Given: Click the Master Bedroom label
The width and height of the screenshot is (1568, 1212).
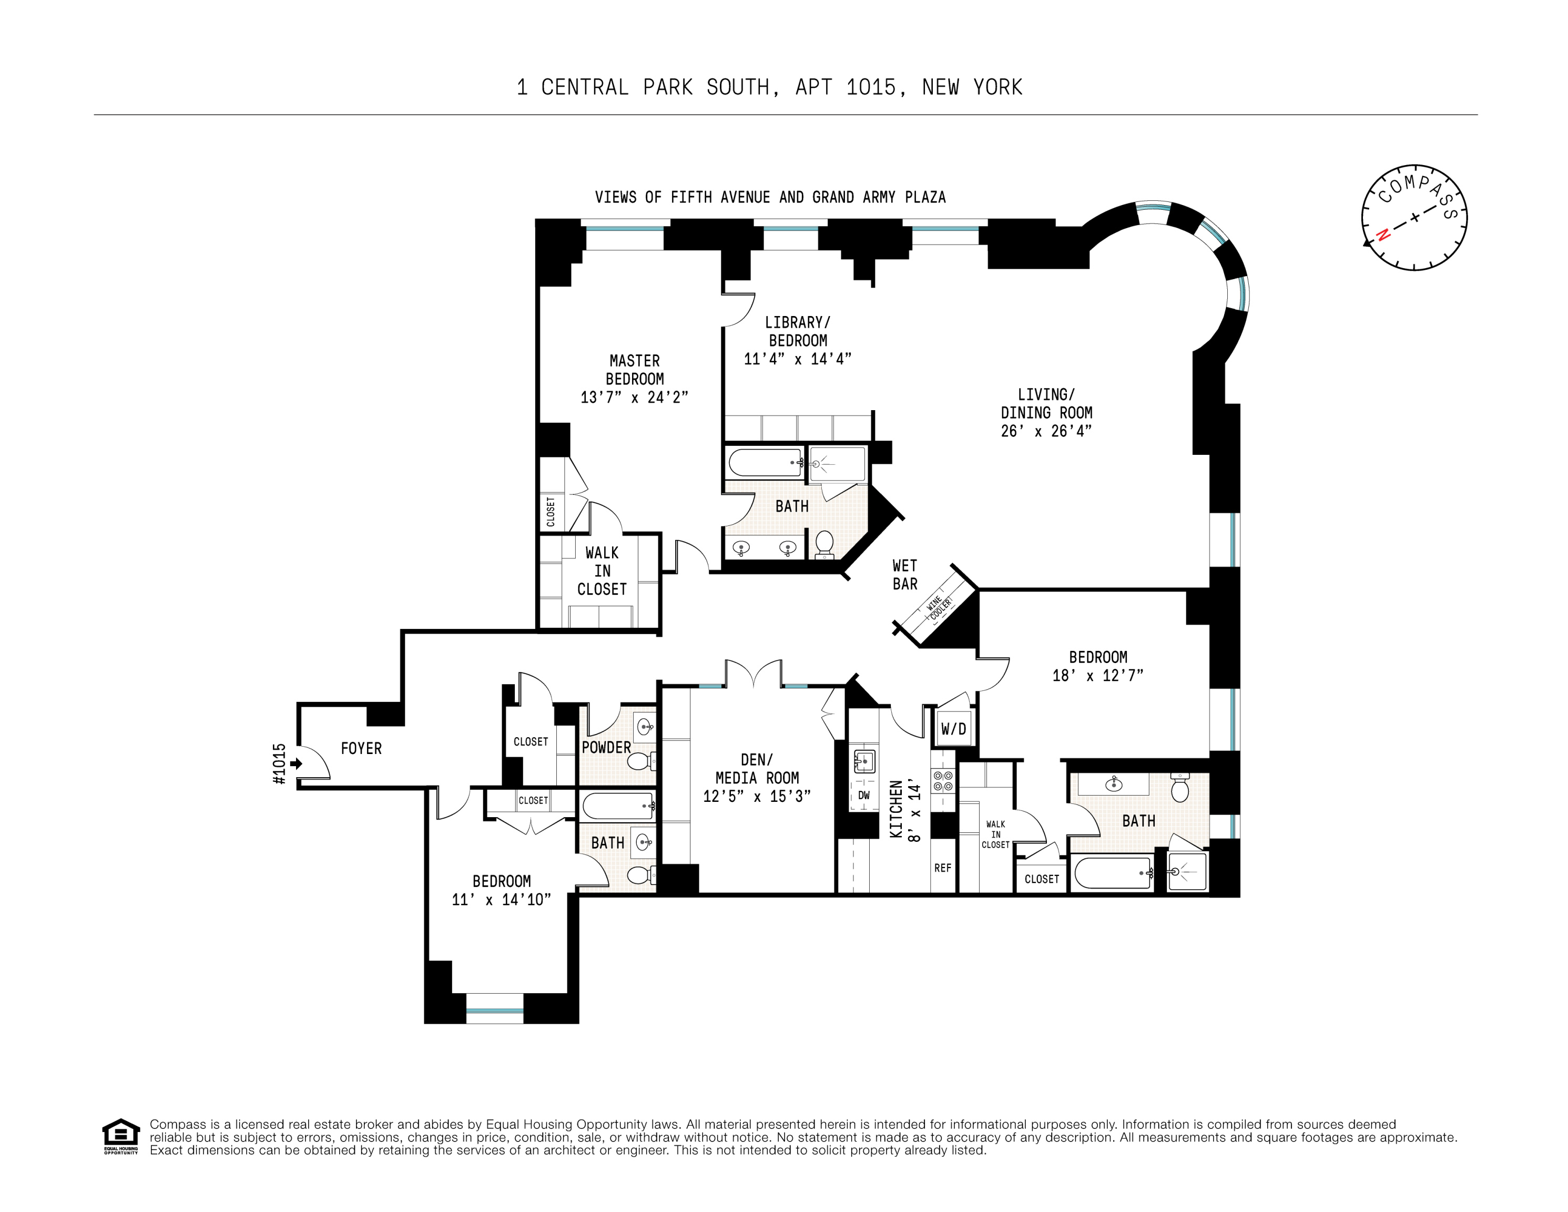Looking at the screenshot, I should (634, 369).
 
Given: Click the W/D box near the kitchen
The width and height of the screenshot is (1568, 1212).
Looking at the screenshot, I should (953, 729).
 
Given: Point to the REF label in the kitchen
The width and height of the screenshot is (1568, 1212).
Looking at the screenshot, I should (943, 868).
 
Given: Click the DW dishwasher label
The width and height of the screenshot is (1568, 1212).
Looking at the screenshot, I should (864, 795).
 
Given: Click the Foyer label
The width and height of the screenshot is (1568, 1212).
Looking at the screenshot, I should (361, 748).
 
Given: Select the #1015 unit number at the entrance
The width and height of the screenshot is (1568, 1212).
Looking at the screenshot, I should (280, 763).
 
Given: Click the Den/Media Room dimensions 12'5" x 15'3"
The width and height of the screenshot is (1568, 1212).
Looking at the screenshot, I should (757, 796).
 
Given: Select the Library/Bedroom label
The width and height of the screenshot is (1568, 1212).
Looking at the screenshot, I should (797, 331).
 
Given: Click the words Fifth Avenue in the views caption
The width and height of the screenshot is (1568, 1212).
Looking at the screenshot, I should (720, 198).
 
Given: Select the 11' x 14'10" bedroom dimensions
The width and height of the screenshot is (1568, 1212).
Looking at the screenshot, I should (501, 899).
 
